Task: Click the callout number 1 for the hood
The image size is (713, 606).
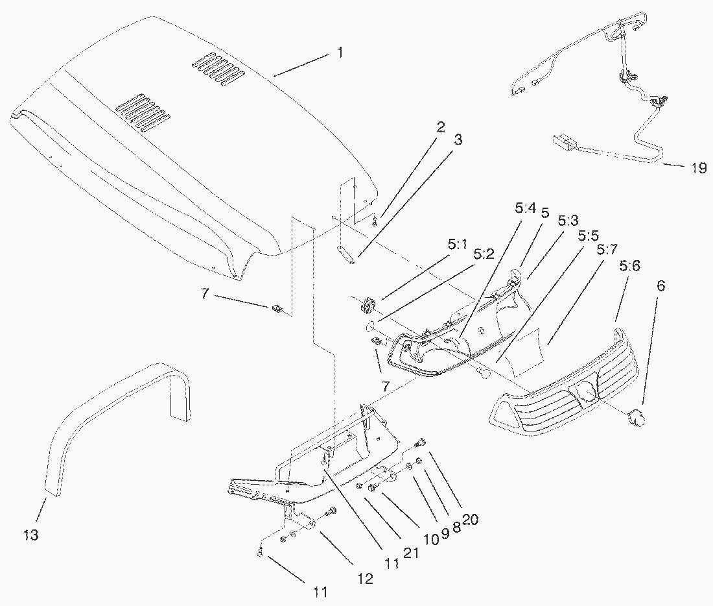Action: (340, 53)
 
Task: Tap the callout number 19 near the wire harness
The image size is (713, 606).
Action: (698, 169)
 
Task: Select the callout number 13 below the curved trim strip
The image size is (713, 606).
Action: (31, 535)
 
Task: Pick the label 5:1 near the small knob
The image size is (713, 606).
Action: (456, 245)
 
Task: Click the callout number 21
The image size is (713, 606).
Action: (410, 553)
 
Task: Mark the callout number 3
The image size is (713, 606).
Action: (458, 139)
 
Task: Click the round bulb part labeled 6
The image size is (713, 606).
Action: (634, 416)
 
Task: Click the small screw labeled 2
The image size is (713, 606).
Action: (375, 222)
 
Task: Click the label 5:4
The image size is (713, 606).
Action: (525, 209)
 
